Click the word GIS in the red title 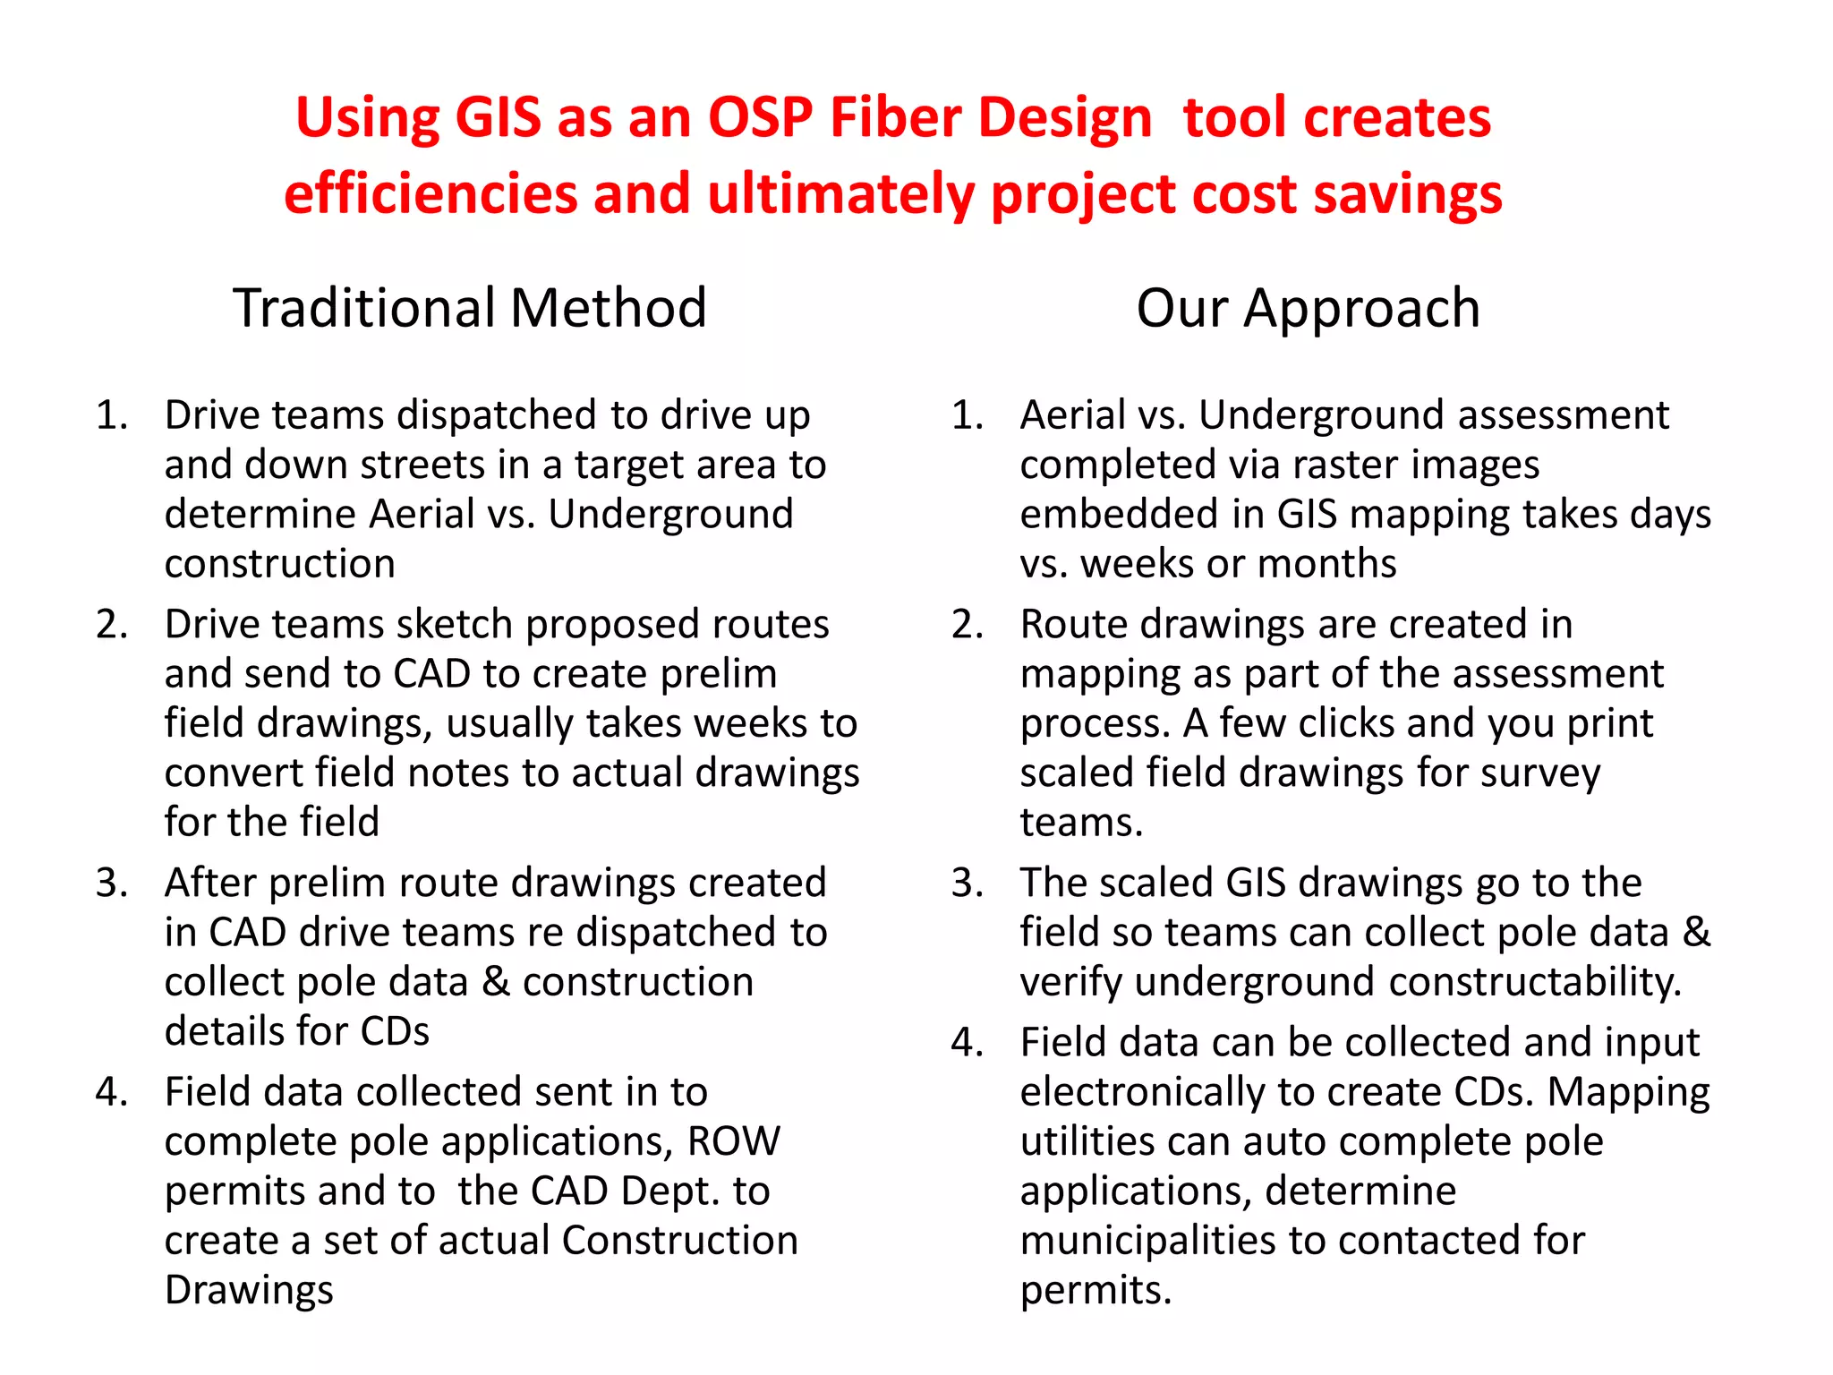coord(498,117)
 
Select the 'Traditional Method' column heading coord(470,308)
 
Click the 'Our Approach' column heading coord(1308,308)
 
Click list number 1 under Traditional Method coord(112,415)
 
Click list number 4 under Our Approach coord(968,1043)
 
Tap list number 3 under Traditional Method coord(112,884)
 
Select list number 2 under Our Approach coord(968,625)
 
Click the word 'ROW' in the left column coord(733,1141)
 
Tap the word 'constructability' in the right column coord(1535,982)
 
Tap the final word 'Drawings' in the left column coord(249,1290)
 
